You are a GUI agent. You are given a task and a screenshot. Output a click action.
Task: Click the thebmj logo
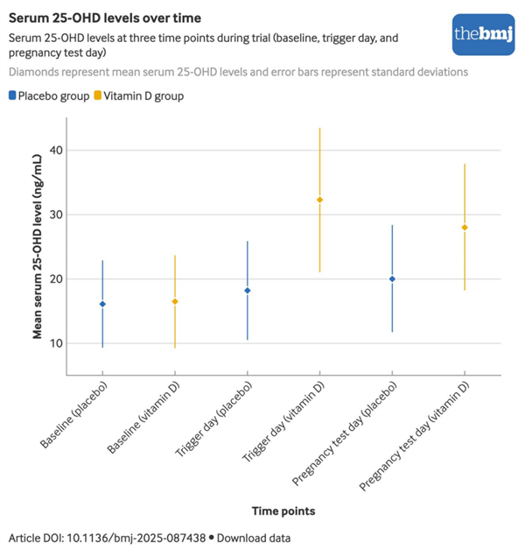[482, 33]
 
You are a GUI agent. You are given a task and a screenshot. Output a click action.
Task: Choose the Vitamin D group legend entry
[143, 95]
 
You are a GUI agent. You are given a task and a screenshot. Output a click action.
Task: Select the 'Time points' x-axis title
[283, 511]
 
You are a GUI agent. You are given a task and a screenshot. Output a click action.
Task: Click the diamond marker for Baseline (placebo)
[102, 304]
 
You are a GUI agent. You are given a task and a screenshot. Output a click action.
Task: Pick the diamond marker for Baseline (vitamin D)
[175, 301]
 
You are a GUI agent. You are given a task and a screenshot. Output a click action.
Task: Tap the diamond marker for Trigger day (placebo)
[248, 291]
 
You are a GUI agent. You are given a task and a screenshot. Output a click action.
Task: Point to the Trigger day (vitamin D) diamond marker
[319, 200]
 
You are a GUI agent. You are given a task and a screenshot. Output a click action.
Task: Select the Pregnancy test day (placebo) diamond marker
[392, 279]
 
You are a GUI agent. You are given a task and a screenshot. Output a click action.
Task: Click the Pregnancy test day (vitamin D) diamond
[465, 228]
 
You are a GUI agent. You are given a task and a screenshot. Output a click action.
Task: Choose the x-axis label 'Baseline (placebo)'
[77, 414]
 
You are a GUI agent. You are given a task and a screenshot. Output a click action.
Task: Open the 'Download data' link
[253, 538]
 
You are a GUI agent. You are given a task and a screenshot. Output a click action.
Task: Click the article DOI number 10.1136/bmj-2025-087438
[139, 538]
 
